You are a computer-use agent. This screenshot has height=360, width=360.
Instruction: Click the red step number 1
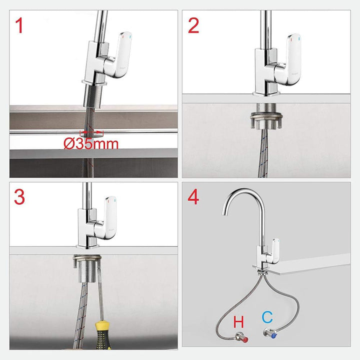click(x=19, y=25)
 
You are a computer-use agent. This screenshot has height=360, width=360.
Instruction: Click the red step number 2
click(x=193, y=25)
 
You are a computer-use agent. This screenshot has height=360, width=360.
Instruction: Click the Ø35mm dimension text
click(x=91, y=144)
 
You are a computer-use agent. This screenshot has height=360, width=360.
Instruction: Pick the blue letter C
click(x=266, y=317)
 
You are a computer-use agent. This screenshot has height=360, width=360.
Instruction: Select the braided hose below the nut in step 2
click(x=264, y=155)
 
